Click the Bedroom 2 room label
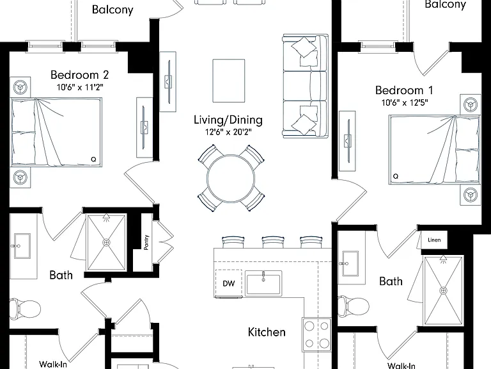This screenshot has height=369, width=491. tap(79, 75)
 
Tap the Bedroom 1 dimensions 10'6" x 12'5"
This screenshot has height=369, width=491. tap(405, 102)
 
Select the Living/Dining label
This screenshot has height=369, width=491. tap(228, 120)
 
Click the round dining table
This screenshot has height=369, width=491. tap(231, 178)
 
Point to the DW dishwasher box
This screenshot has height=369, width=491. tap(229, 283)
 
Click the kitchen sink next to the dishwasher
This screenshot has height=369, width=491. tap(263, 283)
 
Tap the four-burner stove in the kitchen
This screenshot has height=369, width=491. tap(316, 335)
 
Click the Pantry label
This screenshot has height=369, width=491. tap(146, 243)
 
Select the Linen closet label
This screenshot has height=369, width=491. tap(434, 240)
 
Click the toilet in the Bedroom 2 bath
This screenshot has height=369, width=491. tap(25, 309)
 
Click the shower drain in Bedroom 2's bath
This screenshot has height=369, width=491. tap(106, 243)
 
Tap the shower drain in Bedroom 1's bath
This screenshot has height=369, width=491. tap(443, 291)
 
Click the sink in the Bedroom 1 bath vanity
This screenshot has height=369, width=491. tap(350, 263)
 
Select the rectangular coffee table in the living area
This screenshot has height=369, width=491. tap(229, 81)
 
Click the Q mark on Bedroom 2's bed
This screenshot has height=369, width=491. tap(93, 160)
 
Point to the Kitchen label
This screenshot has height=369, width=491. tap(267, 332)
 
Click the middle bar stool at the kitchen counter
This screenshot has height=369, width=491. tap(273, 242)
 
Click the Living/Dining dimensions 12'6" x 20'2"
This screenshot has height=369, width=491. tap(228, 132)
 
